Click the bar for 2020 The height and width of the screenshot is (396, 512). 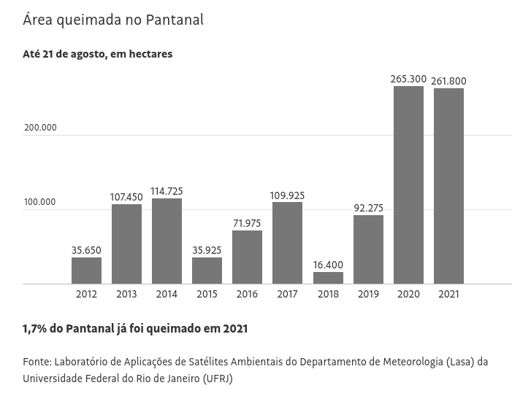[x=408, y=185]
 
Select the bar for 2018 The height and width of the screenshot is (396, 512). [x=328, y=278]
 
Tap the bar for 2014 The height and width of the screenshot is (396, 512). [x=167, y=241]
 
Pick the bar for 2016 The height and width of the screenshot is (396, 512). [x=247, y=257]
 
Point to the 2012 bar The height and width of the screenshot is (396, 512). [x=86, y=271]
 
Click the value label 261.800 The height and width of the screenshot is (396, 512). [x=448, y=81]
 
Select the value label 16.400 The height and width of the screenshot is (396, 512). [x=328, y=265]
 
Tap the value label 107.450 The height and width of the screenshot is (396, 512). [x=126, y=197]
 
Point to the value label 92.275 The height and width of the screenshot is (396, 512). [x=368, y=208]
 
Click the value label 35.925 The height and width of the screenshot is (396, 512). [x=207, y=250]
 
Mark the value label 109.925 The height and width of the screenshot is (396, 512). [x=287, y=195]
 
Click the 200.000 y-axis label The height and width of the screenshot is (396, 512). [x=40, y=128]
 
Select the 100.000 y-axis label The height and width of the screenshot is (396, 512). [x=40, y=202]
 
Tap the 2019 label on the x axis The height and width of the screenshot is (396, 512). [x=368, y=294]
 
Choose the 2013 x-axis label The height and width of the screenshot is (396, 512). [x=126, y=294]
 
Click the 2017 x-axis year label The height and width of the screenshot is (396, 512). [x=287, y=294]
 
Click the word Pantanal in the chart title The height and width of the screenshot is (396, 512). [x=172, y=20]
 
